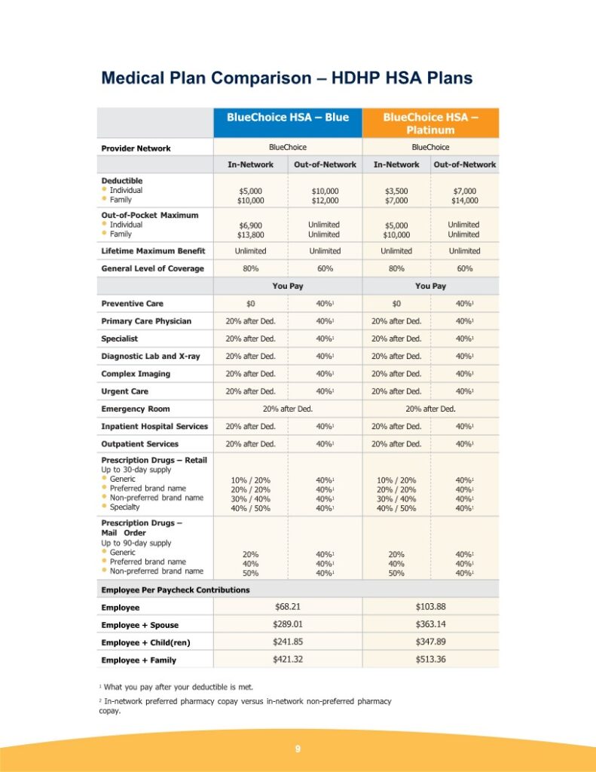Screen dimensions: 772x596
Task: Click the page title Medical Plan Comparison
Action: [x=286, y=78]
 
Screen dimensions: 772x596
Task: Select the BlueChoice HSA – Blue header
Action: [x=288, y=118]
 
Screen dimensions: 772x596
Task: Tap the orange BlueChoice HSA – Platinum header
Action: [x=430, y=123]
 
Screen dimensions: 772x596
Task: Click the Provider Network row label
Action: [x=136, y=148]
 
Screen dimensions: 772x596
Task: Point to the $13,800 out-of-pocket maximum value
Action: [x=251, y=234]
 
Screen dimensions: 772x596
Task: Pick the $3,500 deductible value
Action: [x=396, y=191]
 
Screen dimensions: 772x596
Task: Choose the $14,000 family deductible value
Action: [x=464, y=201]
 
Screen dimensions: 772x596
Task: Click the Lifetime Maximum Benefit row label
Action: [x=153, y=251]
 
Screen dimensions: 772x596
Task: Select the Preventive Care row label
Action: [x=132, y=304]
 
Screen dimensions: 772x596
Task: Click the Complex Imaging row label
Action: [x=136, y=374]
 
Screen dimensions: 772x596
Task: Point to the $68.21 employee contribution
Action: [x=288, y=606]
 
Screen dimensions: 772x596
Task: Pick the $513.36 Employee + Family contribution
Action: [x=430, y=659]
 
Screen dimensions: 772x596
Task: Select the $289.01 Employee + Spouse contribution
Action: [x=288, y=624]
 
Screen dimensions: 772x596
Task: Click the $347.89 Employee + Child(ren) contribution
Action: [x=430, y=642]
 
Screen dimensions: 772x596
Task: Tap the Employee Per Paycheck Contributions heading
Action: [x=176, y=590]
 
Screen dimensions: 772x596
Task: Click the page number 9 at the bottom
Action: [x=298, y=749]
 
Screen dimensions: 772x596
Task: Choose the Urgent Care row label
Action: [x=124, y=391]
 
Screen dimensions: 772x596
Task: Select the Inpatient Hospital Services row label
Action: [x=154, y=427]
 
